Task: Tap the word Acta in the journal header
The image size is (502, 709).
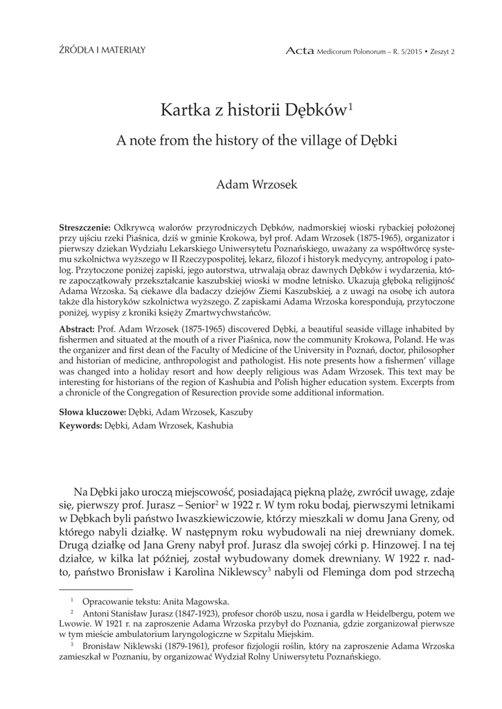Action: (x=298, y=51)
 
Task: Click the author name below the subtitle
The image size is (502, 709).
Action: (x=251, y=184)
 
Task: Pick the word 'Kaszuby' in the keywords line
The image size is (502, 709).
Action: (x=235, y=412)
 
